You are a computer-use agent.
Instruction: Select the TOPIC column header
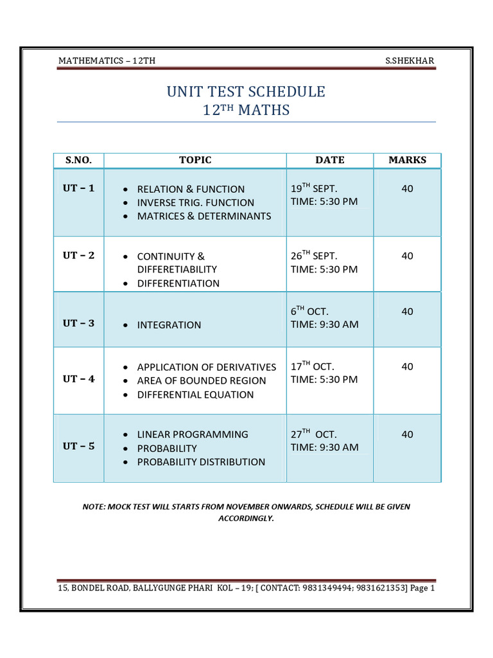195,160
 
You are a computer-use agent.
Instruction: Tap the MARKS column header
407,160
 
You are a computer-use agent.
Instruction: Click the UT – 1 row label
78,188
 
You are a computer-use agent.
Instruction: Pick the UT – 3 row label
78,323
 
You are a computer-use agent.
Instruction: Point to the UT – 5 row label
78,446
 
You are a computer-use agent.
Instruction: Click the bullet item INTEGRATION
169,325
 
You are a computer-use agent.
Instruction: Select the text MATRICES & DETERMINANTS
204,216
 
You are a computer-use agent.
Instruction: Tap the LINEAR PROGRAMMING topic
193,434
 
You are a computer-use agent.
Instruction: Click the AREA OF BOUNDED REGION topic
202,380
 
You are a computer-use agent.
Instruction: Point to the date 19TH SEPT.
314,188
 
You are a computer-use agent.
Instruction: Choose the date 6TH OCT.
309,311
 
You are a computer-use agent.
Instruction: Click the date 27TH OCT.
314,434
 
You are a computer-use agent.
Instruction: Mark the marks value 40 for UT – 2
408,256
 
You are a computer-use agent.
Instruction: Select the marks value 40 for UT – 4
408,366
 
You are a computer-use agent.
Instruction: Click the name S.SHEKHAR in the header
410,61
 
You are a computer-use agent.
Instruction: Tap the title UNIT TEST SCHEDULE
246,91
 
